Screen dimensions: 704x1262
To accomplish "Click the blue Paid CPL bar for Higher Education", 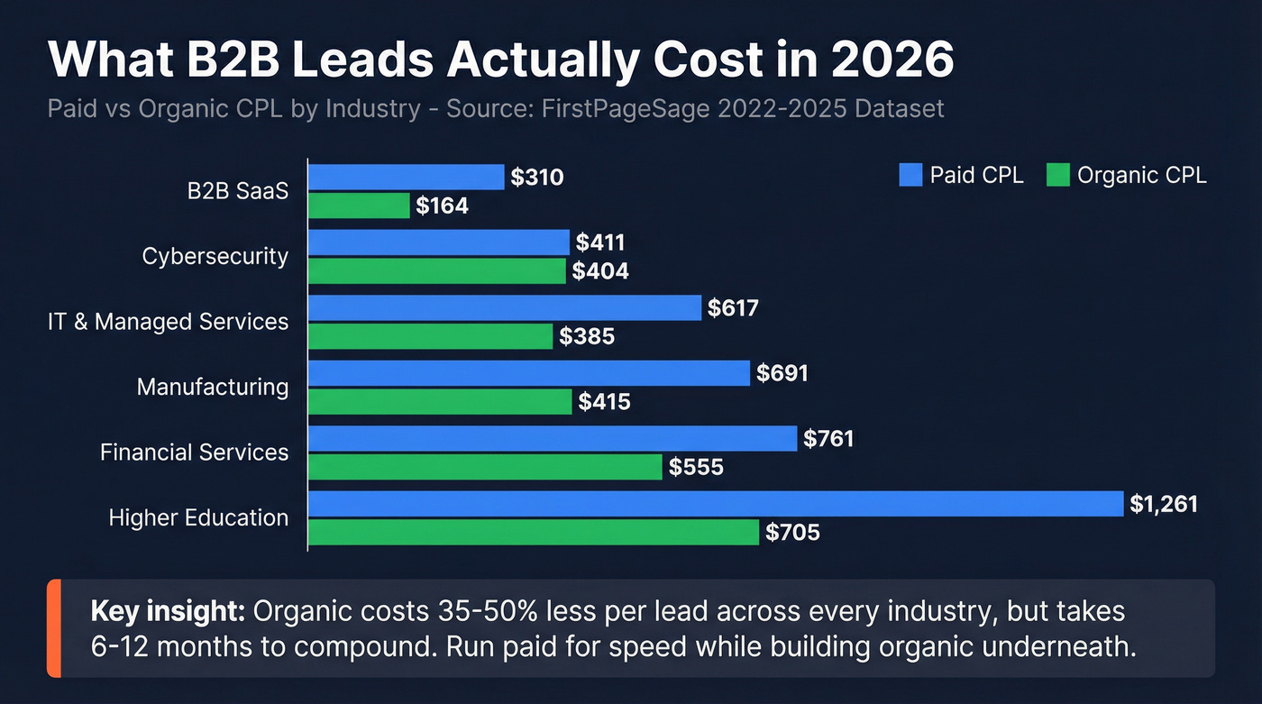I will (717, 504).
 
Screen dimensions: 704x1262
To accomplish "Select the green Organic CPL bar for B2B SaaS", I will (360, 206).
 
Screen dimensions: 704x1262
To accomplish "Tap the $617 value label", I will (733, 308).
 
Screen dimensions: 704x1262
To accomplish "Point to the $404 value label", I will (601, 271).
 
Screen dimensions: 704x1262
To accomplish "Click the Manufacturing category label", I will (213, 388).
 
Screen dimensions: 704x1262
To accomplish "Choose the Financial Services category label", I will (195, 453).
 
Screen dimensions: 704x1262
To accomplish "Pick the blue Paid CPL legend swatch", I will (910, 175).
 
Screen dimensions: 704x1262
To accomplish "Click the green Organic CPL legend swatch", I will (1057, 175).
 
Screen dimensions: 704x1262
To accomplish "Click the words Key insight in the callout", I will (168, 611).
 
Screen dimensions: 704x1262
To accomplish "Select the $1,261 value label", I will (1164, 504).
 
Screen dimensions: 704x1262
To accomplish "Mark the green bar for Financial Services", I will (485, 467).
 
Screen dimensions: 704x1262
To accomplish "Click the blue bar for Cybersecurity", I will (439, 242).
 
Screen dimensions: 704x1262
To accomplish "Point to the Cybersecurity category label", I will (215, 257).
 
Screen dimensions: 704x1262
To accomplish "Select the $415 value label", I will (604, 402).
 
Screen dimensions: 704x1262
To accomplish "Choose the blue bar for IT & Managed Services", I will (505, 308).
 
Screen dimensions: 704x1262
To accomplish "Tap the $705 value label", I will (792, 533).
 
